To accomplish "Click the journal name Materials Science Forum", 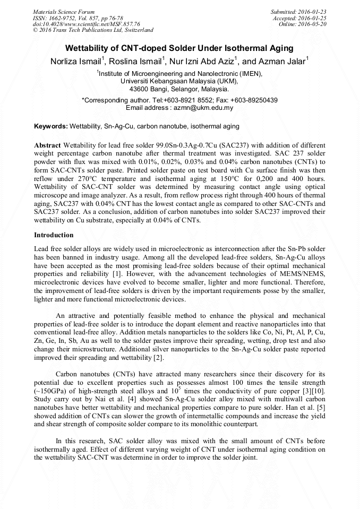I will coord(64,11).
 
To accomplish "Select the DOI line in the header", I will coord(86,24).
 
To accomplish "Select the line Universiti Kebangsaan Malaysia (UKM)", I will coord(179,82).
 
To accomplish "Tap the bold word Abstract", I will coord(47,145).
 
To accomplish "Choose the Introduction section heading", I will coord(54,235).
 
